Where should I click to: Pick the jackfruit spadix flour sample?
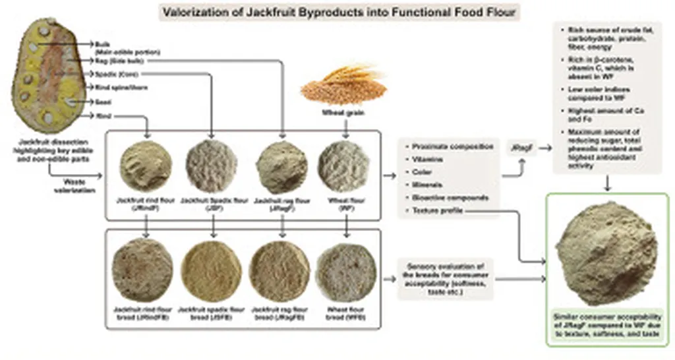point(212,166)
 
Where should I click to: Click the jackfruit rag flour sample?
point(281,166)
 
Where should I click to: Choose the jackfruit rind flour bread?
point(143,270)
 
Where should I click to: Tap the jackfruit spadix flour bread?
point(211,270)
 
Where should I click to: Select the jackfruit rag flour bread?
point(279,270)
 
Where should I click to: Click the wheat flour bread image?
point(345,270)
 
